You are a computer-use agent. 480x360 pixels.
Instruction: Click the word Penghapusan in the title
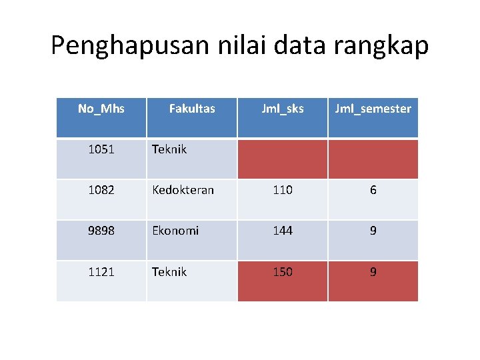click(x=129, y=46)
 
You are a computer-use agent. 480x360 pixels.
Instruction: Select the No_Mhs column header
click(x=101, y=108)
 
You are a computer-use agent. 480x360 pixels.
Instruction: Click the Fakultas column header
click(x=192, y=108)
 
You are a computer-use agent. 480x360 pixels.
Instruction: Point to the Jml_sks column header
click(x=283, y=108)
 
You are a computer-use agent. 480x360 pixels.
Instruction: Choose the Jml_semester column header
click(x=373, y=108)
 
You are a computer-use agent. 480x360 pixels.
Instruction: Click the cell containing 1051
click(x=101, y=149)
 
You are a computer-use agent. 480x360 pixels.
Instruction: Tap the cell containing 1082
click(x=101, y=190)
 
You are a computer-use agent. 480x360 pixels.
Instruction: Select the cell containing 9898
click(x=101, y=231)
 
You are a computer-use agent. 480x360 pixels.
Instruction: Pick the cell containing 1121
click(x=101, y=272)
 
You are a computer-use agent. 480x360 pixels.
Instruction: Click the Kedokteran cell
click(x=183, y=190)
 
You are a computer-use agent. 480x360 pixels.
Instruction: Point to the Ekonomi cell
click(x=175, y=231)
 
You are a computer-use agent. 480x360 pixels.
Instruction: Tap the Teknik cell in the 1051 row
click(x=169, y=149)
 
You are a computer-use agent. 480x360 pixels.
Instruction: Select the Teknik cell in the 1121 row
click(x=169, y=272)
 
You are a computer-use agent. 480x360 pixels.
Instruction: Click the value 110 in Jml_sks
click(x=283, y=190)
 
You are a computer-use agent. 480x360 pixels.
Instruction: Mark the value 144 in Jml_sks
click(x=283, y=231)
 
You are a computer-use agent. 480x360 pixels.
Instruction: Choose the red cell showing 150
click(x=283, y=272)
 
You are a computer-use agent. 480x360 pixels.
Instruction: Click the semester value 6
click(x=373, y=190)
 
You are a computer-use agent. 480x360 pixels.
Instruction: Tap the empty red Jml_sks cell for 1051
click(x=283, y=159)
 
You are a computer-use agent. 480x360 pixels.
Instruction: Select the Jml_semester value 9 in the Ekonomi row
click(x=373, y=231)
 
